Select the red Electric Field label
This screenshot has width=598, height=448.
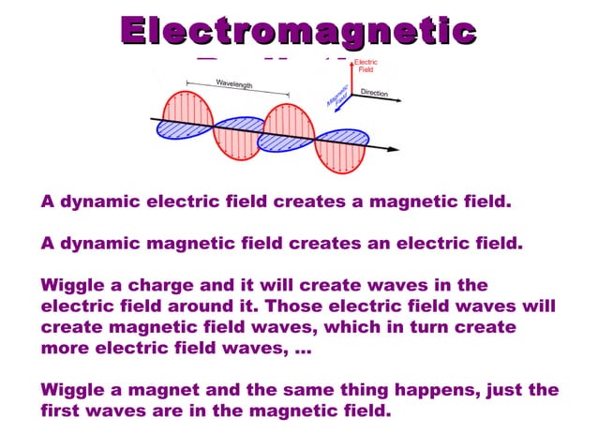pyautogui.click(x=366, y=66)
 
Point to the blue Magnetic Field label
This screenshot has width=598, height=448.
pyautogui.click(x=338, y=95)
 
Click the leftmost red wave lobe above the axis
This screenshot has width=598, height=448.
pyautogui.click(x=187, y=109)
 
